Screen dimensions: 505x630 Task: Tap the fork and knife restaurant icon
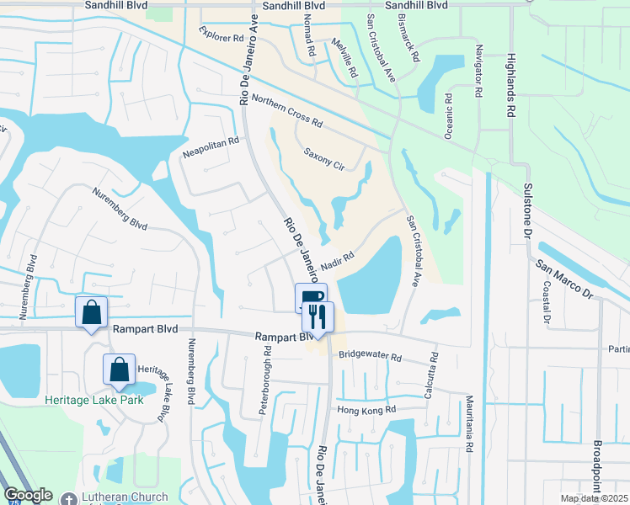(x=318, y=317)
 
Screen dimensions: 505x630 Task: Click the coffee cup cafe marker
(x=309, y=298)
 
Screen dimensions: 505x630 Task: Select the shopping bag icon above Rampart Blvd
(x=92, y=312)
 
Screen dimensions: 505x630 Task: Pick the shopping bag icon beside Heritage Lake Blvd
(x=120, y=369)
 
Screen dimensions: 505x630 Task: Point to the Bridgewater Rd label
(x=371, y=357)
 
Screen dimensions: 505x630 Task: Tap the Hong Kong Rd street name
(x=366, y=410)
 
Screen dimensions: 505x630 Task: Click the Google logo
(x=28, y=495)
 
